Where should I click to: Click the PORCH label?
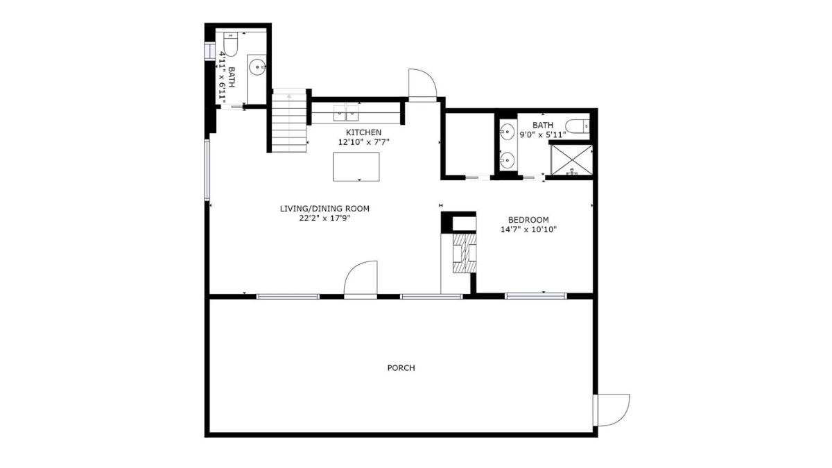[401, 367]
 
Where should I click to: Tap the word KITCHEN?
[363, 132]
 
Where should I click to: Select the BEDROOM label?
[528, 220]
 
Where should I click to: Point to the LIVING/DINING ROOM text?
[324, 209]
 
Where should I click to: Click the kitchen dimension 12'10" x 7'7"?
[363, 142]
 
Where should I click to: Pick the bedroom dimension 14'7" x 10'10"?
[528, 229]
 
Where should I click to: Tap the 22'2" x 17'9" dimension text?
[325, 218]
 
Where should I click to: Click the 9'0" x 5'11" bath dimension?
[543, 135]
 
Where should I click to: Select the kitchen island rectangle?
[356, 167]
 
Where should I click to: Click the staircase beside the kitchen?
[289, 121]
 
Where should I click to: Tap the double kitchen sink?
[346, 113]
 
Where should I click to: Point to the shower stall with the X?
[571, 160]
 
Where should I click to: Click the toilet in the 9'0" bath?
[577, 126]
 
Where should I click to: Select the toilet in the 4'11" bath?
[230, 44]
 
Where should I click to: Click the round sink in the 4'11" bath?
[257, 67]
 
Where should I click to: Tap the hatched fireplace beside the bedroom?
[465, 253]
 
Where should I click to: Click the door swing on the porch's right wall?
[612, 410]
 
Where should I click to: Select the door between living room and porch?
[361, 279]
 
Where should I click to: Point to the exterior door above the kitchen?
[422, 85]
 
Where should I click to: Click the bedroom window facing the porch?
[536, 296]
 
